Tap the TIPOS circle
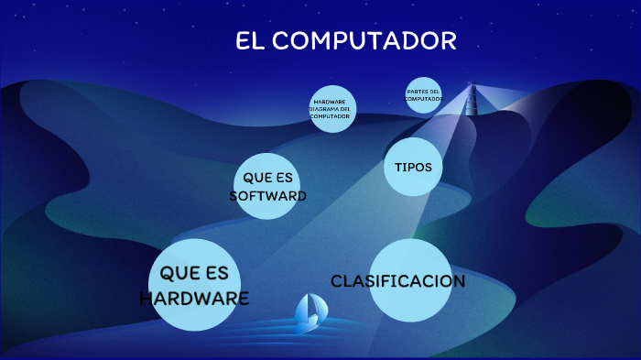point(413,167)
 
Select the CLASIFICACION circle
point(398,281)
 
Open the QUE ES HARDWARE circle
point(194,285)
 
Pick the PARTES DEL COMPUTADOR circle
point(423,95)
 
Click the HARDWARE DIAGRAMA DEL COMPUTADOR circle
point(331,109)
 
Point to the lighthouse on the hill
point(472,99)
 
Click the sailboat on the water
point(308,313)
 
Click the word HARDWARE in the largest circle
point(194,298)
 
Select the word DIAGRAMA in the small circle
point(331,109)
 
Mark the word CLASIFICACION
point(398,281)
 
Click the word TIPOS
point(413,167)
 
